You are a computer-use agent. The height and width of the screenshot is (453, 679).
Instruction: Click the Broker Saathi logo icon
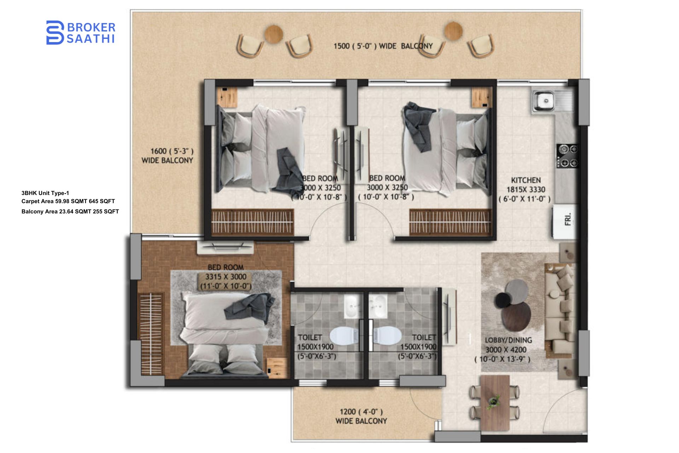pyautogui.click(x=55, y=33)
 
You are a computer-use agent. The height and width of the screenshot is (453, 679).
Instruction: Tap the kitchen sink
pyautogui.click(x=544, y=101)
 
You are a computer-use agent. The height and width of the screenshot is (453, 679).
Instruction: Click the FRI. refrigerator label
pyautogui.click(x=568, y=219)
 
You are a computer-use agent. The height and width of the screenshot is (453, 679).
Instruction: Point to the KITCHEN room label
pyautogui.click(x=526, y=180)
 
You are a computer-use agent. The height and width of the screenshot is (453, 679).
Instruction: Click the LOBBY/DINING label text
pyautogui.click(x=508, y=340)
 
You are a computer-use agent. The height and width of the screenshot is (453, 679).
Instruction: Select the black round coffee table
pyautogui.click(x=502, y=300)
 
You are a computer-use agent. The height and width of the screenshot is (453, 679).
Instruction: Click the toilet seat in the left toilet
pyautogui.click(x=343, y=336)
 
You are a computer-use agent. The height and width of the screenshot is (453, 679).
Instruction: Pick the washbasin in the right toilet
pyautogui.click(x=378, y=305)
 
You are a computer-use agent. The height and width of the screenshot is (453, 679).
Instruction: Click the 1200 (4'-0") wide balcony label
pyautogui.click(x=361, y=416)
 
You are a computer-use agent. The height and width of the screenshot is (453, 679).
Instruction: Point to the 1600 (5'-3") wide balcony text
pyautogui.click(x=168, y=156)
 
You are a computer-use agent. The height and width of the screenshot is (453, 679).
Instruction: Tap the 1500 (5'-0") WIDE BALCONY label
pyautogui.click(x=383, y=46)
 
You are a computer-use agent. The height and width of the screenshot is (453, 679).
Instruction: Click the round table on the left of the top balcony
pyautogui.click(x=273, y=34)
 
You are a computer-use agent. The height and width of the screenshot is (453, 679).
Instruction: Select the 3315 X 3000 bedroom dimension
pyautogui.click(x=226, y=277)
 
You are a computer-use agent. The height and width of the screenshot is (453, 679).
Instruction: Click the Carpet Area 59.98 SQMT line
pyautogui.click(x=68, y=201)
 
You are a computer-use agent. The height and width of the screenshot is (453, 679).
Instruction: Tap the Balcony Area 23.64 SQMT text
pyautogui.click(x=70, y=211)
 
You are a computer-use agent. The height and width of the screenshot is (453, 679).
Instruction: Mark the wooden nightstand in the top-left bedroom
pyautogui.click(x=227, y=96)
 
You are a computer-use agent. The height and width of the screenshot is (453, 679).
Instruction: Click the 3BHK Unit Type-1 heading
pyautogui.click(x=45, y=193)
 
